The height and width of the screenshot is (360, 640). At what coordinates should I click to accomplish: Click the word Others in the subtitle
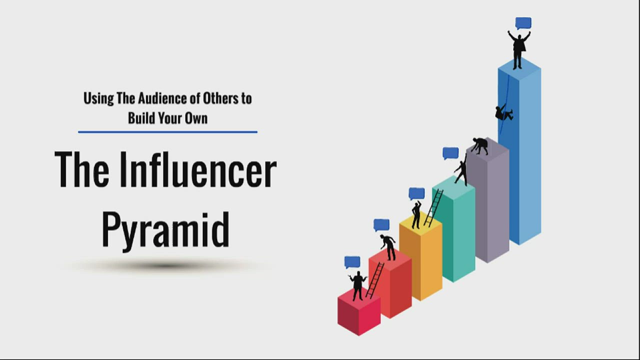(x=220, y=98)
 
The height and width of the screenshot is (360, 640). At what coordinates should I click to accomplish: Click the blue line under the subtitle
(x=167, y=132)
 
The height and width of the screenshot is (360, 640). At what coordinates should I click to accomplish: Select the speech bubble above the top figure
(x=523, y=23)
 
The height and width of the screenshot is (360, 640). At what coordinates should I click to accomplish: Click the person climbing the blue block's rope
(x=503, y=113)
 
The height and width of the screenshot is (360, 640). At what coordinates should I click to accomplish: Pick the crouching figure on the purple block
(x=480, y=145)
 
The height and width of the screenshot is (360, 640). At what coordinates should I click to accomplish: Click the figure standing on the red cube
(x=358, y=285)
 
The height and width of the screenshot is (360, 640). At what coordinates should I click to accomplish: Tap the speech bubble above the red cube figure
(x=352, y=262)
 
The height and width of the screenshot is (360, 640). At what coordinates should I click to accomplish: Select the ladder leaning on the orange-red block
(x=375, y=280)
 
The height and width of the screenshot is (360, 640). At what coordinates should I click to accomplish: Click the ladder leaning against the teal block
(x=433, y=208)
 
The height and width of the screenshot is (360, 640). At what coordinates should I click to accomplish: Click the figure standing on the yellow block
(x=416, y=215)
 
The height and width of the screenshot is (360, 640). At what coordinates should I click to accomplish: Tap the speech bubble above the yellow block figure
(x=416, y=193)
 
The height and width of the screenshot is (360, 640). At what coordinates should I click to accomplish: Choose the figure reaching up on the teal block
(x=461, y=170)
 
